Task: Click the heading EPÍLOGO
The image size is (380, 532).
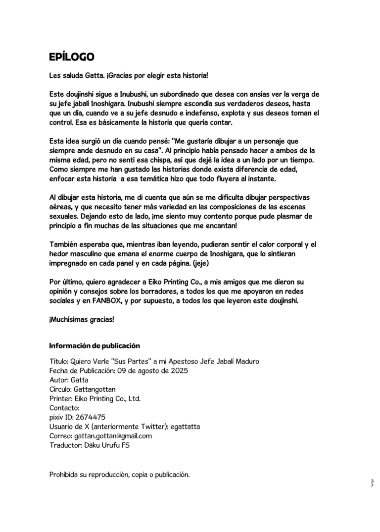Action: click(x=72, y=57)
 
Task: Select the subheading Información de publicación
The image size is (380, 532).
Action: click(x=95, y=346)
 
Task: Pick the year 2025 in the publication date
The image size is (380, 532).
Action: click(x=175, y=370)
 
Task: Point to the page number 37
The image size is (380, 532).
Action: click(x=372, y=483)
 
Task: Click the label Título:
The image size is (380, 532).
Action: click(x=60, y=361)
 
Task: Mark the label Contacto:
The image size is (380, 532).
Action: click(x=64, y=408)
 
